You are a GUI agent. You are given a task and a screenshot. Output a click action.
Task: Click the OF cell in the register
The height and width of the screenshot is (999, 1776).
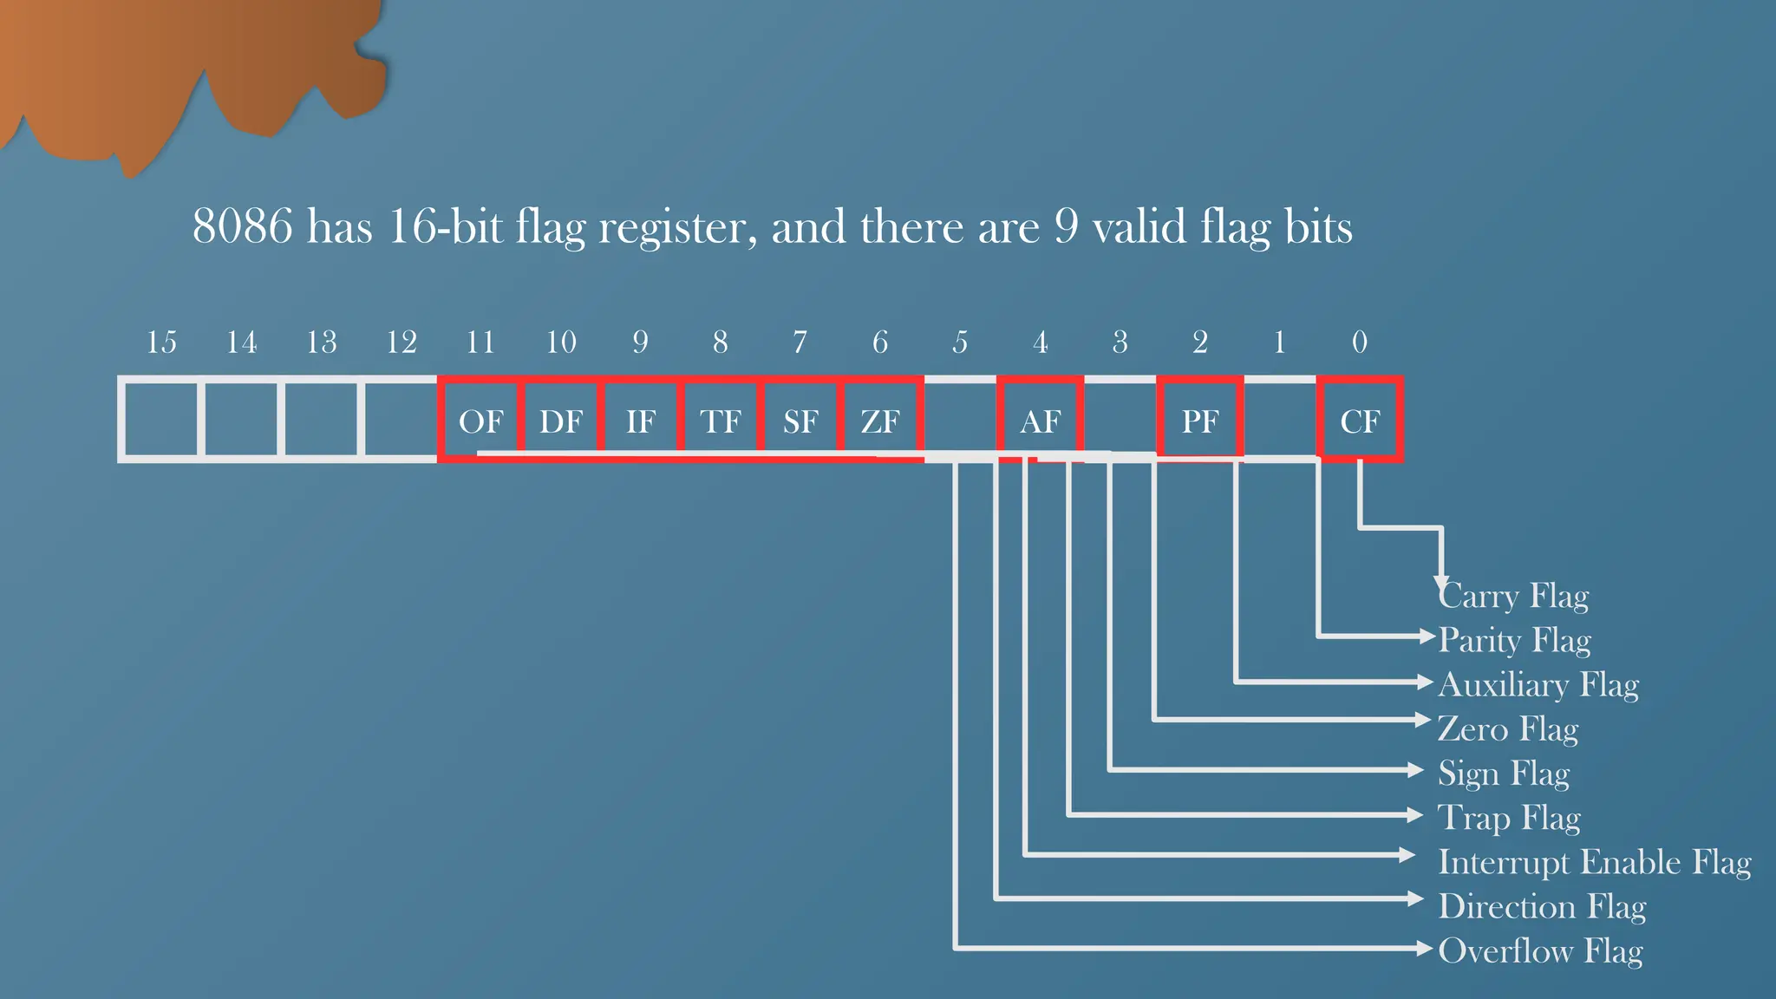[480, 421]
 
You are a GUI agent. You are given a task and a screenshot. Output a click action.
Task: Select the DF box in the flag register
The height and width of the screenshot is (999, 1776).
[561, 421]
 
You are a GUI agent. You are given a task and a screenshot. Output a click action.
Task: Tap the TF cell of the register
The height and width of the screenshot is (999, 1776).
[721, 421]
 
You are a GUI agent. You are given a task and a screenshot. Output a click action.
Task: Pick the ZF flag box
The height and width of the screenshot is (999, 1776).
[880, 421]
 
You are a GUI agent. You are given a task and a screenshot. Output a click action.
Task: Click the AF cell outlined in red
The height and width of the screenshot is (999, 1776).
[1041, 421]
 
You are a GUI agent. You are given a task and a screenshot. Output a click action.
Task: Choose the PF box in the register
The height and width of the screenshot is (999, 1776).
[1200, 421]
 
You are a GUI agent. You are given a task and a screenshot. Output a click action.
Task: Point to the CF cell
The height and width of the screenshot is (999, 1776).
[1360, 421]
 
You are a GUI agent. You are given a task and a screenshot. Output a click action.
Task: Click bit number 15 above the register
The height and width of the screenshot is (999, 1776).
[161, 343]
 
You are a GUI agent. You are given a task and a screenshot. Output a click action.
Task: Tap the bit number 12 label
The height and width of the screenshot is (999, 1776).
[402, 343]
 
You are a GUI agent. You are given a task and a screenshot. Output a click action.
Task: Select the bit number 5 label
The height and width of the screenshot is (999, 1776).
[960, 343]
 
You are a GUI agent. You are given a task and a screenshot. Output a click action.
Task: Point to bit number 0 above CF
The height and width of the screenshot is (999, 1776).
[1360, 343]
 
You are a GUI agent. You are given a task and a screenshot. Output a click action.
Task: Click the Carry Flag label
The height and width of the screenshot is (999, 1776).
[1514, 597]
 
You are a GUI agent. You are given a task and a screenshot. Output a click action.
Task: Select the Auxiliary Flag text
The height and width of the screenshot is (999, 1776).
[1538, 685]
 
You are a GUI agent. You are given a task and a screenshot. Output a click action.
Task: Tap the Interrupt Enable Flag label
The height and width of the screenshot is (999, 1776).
[1594, 863]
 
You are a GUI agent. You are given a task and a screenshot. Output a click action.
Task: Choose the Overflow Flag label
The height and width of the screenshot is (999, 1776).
[1540, 951]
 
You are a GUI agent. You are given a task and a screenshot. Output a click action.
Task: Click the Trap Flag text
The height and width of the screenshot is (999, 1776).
[1509, 818]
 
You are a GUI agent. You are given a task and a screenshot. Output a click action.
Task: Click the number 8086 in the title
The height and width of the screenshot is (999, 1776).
[243, 227]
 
